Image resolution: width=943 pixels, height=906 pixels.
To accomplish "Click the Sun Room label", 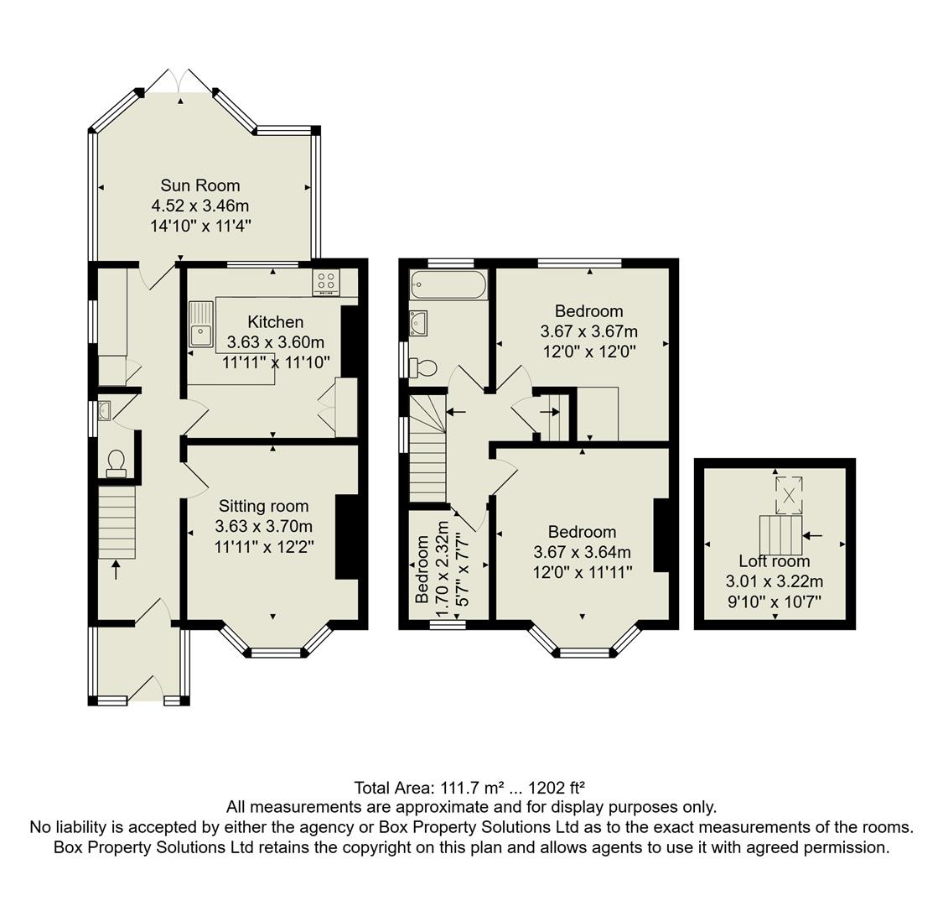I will (x=200, y=185).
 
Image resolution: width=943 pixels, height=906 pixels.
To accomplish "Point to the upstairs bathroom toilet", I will (x=423, y=367).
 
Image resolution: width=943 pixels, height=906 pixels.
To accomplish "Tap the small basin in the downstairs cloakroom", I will (x=105, y=410).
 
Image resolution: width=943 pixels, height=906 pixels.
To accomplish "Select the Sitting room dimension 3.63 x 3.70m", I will (x=263, y=527).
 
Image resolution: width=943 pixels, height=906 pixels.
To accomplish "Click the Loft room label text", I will (x=774, y=561).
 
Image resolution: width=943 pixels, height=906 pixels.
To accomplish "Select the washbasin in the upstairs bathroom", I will (x=418, y=322).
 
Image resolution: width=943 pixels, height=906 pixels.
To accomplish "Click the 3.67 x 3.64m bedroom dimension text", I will (x=582, y=552).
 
